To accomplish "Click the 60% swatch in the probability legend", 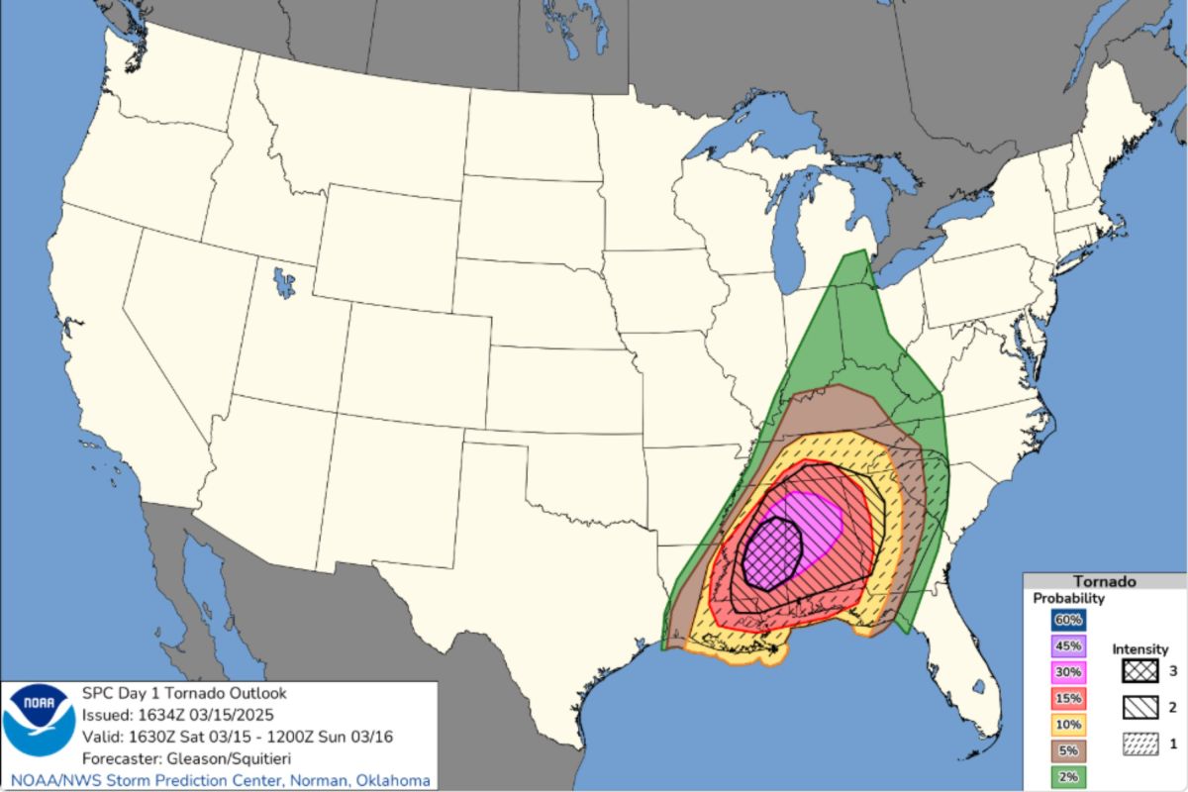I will point(1068,620).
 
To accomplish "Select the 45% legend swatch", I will point(1068,645).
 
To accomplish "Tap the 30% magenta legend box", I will point(1068,671).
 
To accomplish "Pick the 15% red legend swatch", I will point(1068,697).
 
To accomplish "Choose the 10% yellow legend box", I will point(1068,723).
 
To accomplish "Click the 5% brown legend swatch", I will point(1068,749).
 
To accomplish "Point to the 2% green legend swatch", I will point(1068,775).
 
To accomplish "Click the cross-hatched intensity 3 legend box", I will point(1140,670).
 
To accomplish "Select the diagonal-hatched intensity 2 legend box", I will point(1140,707).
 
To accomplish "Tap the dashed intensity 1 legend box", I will point(1140,743).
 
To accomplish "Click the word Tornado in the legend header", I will point(1104,581).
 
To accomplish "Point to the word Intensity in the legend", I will point(1140,649).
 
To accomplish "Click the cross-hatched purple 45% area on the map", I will point(772,552).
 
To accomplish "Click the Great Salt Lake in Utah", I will point(285,282).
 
